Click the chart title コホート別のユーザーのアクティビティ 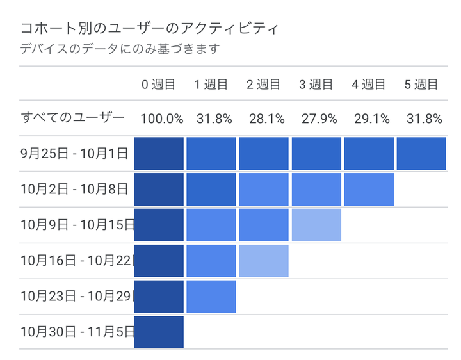coord(150,29)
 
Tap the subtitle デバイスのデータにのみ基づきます coord(120,49)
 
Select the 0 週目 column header coord(158,84)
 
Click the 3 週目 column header coord(316,84)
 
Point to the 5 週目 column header coord(421,84)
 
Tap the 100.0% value coord(162,119)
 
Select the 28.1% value coord(263,119)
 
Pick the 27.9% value coord(316,119)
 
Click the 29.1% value coord(368,119)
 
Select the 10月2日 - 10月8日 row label coord(74,189)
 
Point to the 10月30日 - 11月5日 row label coord(77,332)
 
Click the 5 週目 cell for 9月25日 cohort coord(421,154)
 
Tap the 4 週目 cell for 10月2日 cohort coord(368,189)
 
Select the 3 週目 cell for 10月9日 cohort coord(316,225)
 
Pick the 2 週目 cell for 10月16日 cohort coord(263,261)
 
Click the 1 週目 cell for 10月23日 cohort coord(211,296)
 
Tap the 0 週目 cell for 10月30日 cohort coord(158,332)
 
